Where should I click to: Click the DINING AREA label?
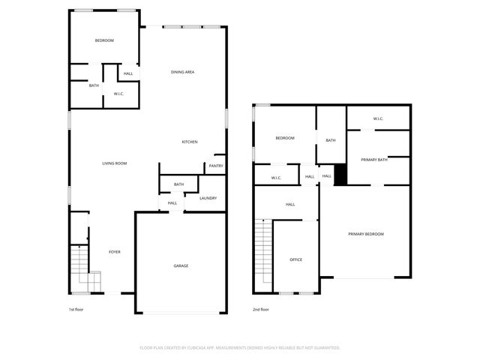pos(183,72)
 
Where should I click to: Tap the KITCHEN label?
pos(190,142)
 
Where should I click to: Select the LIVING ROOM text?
pos(115,163)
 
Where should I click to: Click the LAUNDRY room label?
pos(208,198)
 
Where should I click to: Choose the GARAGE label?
pos(181,266)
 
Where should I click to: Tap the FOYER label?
pos(115,251)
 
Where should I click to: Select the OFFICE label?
pos(295,259)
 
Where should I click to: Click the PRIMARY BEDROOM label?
pos(365,234)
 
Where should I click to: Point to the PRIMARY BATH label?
pos(373,159)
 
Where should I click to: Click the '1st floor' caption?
pos(76,309)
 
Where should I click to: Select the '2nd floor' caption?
pos(260,309)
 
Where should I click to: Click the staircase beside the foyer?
pos(80,268)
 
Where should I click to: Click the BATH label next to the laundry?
pos(178,184)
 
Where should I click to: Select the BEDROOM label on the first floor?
pos(103,40)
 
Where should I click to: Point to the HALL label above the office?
pos(290,204)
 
